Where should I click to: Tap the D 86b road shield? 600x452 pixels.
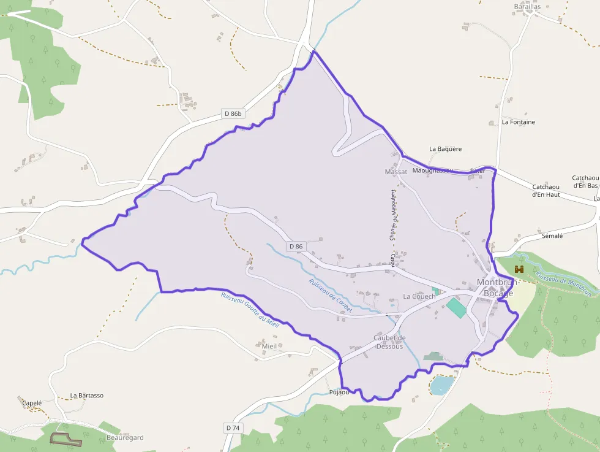(233, 113)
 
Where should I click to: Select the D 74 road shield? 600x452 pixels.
(232, 427)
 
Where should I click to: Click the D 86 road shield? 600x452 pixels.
(295, 247)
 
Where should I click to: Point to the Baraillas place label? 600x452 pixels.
(527, 7)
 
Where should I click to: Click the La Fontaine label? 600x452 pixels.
(518, 122)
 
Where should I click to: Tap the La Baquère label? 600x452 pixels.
(445, 149)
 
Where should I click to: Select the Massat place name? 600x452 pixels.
(396, 172)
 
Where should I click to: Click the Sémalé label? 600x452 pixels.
(552, 236)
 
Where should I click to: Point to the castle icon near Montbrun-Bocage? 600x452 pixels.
(520, 269)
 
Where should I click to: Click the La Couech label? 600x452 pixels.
(419, 296)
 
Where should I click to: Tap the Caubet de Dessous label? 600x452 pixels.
(389, 342)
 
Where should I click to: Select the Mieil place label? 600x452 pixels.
(269, 346)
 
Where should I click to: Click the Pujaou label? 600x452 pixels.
(339, 392)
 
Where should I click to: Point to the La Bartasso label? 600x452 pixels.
(87, 396)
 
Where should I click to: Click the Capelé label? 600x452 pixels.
(32, 403)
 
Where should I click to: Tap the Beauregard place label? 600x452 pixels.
(125, 437)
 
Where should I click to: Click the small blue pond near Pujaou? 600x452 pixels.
(441, 385)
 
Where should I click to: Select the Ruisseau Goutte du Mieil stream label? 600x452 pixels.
(250, 310)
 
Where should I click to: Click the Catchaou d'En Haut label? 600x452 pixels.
(546, 191)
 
